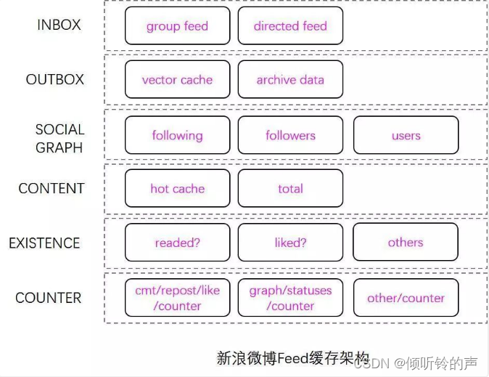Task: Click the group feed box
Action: click(x=177, y=26)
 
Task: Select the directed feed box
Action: click(x=290, y=26)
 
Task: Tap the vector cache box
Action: click(x=177, y=80)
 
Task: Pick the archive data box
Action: click(x=290, y=80)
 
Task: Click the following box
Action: click(x=177, y=135)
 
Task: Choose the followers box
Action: click(x=290, y=135)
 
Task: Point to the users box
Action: click(x=406, y=135)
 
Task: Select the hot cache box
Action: click(x=177, y=189)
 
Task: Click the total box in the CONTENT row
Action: click(x=290, y=189)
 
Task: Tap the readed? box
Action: click(x=177, y=243)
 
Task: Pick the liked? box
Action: click(x=290, y=243)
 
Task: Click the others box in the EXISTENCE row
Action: click(x=406, y=243)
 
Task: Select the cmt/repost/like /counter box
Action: click(x=177, y=298)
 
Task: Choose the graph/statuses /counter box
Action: click(x=290, y=298)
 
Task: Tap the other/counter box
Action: click(x=406, y=298)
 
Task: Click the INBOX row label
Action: click(x=59, y=25)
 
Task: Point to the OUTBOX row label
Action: click(x=55, y=80)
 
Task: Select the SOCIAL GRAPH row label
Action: click(x=59, y=138)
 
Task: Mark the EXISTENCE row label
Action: click(x=44, y=243)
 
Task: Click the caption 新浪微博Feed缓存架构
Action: click(x=292, y=358)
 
